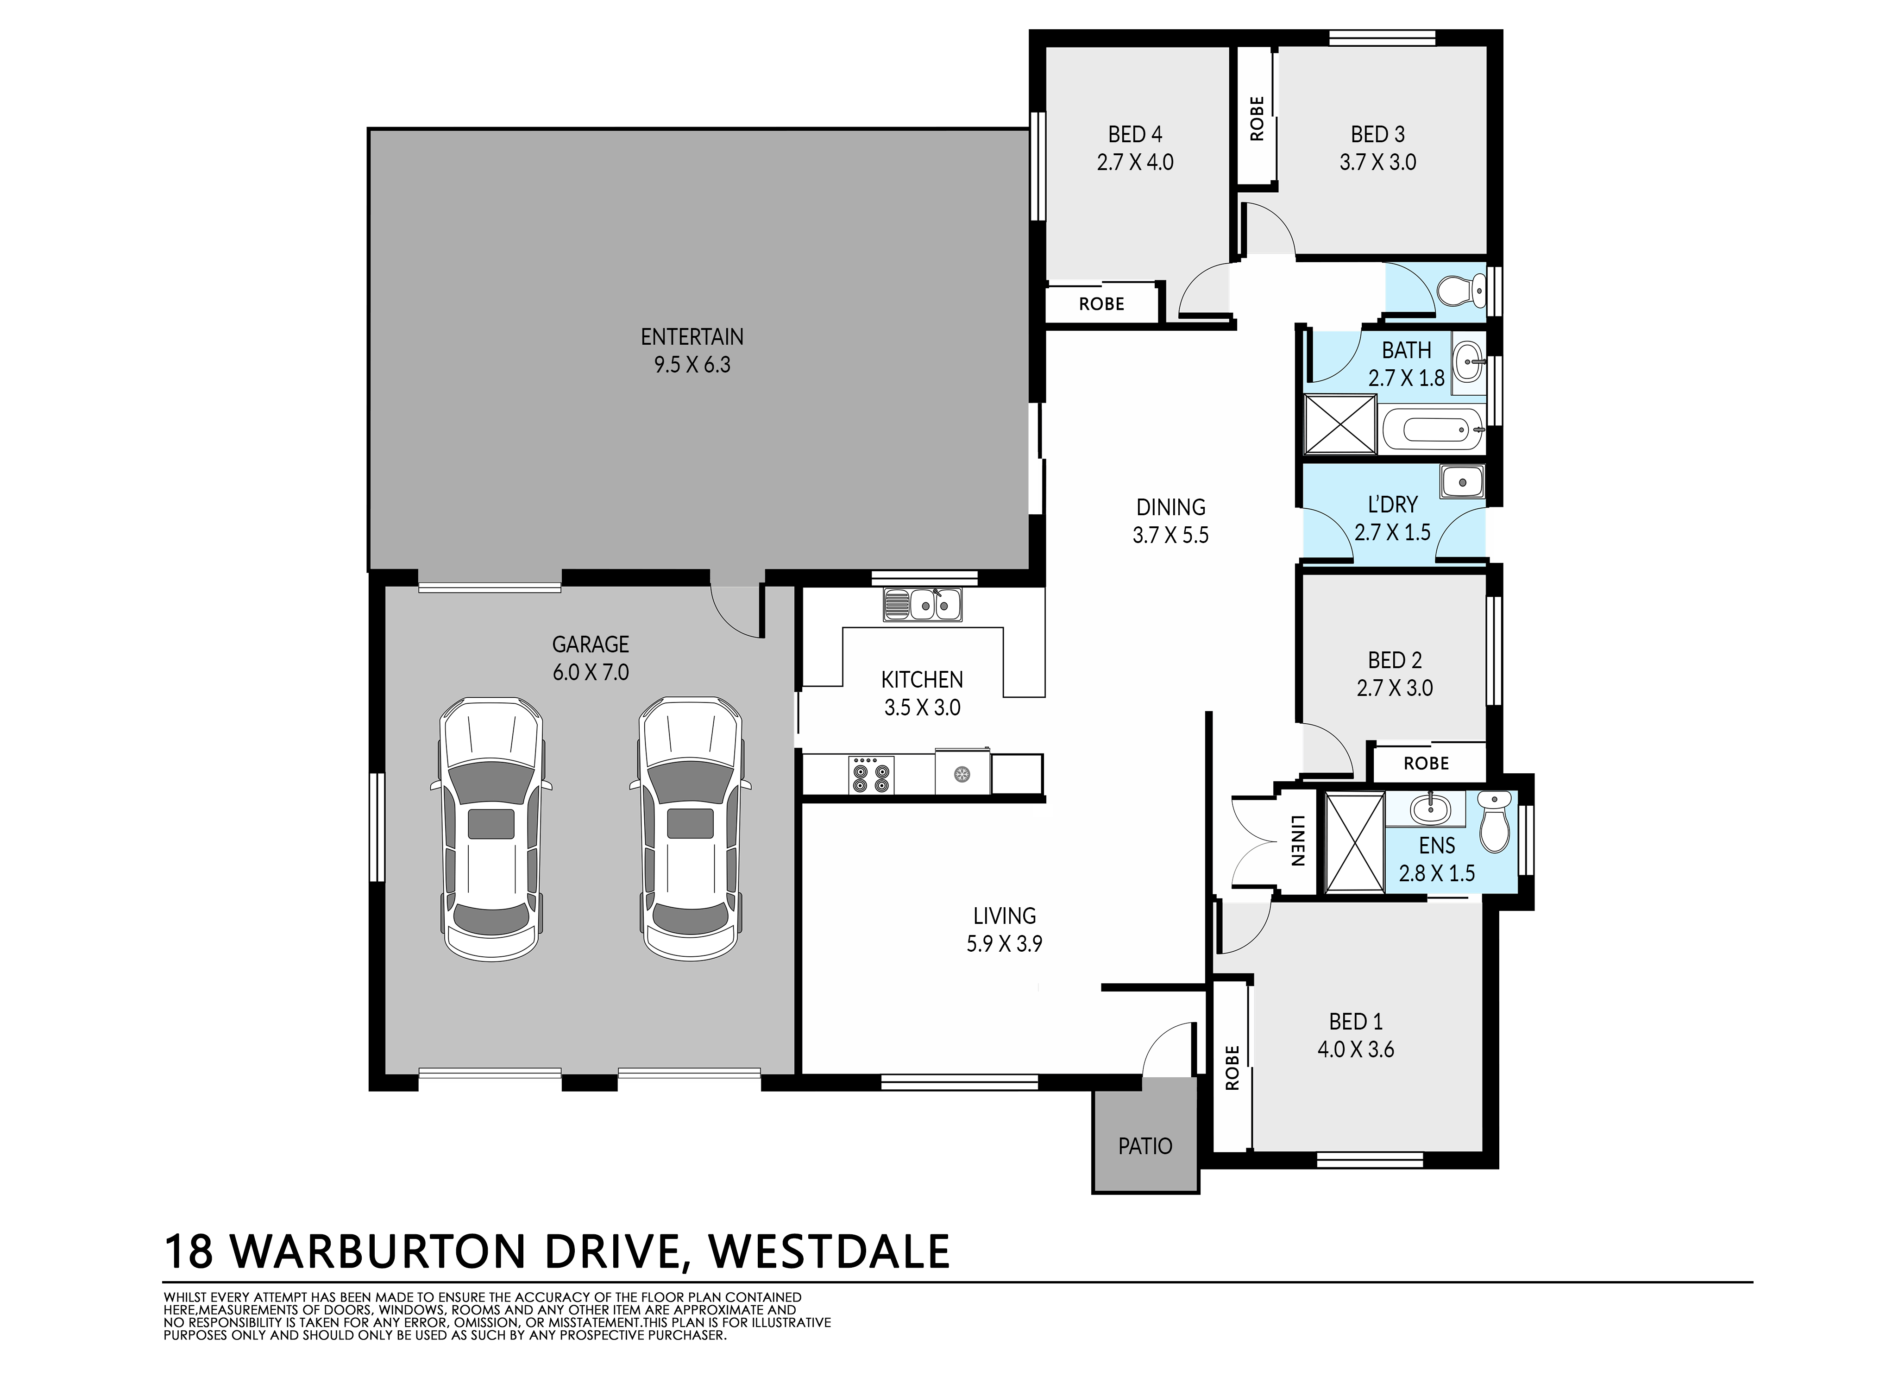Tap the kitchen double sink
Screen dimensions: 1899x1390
click(923, 604)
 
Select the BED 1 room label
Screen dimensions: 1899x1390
click(1356, 1022)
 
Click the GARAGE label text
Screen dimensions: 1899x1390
click(591, 644)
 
